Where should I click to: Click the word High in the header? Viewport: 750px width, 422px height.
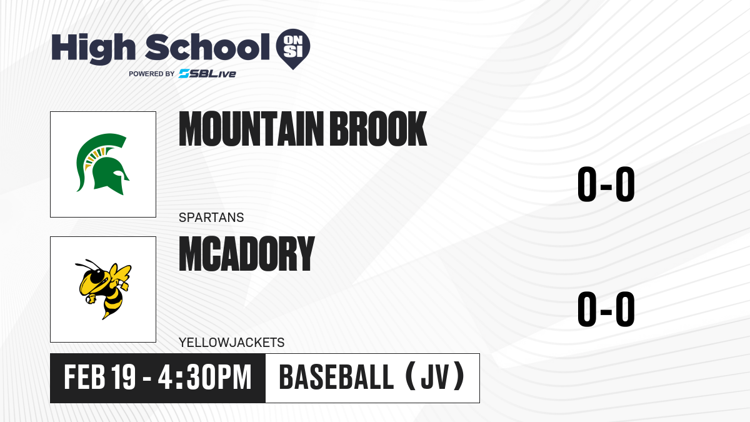coord(93,48)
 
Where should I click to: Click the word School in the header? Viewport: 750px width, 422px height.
coord(207,47)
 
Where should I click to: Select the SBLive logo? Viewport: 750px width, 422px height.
coord(207,74)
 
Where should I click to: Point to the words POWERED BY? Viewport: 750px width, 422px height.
coord(152,74)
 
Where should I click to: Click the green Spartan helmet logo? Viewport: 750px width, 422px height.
coord(102,164)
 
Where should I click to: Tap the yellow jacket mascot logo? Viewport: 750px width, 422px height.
coord(103,289)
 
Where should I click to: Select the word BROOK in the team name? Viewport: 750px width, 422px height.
coord(378,129)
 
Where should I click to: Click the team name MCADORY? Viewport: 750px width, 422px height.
coord(247,254)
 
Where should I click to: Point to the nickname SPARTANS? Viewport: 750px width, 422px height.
coord(211,218)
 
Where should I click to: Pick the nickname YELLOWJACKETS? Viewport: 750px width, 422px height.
coord(232,343)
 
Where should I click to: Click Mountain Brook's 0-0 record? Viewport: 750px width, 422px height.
coord(606,184)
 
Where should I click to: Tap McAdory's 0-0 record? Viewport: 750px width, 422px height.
coord(606,309)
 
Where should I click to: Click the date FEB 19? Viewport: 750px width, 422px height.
coord(100,378)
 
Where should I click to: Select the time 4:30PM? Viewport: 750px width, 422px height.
coord(204,378)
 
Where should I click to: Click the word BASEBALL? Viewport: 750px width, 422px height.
coord(336,378)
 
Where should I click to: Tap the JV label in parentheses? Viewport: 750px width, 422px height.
coord(435,378)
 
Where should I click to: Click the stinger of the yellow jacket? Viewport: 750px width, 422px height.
coord(106,316)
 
